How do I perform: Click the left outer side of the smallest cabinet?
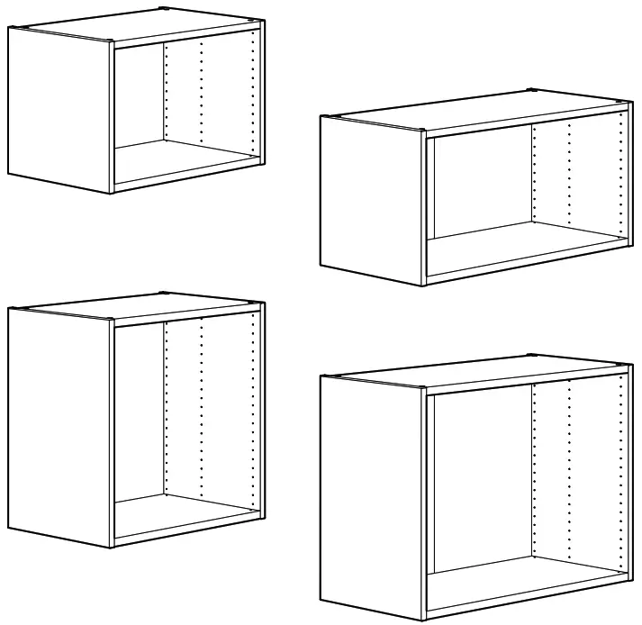59,108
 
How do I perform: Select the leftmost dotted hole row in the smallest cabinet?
165,90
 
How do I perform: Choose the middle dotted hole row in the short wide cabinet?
569,176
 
